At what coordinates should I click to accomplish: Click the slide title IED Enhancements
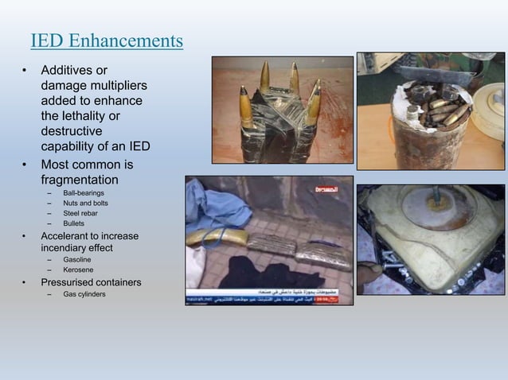tap(107, 40)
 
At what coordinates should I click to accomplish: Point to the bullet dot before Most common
tap(25, 165)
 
